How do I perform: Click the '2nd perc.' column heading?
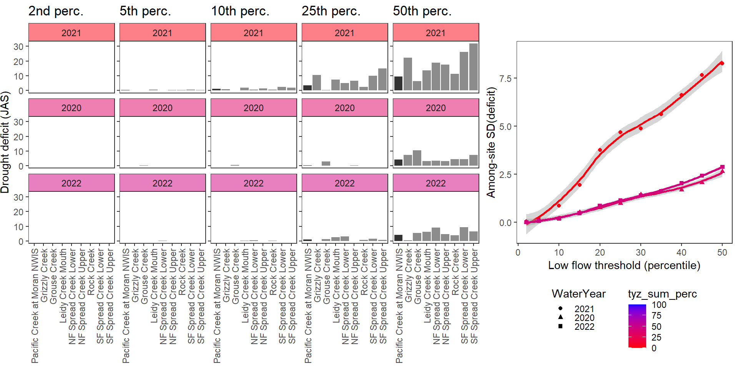56,11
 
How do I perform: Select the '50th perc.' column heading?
422,11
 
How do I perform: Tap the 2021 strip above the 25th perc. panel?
344,33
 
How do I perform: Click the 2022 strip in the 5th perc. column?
162,183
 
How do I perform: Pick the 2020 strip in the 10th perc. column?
253,108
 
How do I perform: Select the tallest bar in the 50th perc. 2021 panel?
474,67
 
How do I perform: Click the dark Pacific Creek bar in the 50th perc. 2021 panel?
398,83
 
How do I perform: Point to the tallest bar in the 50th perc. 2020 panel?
417,158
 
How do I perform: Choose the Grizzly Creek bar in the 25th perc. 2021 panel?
317,83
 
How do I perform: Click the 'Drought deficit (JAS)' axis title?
5,142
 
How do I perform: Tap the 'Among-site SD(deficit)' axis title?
491,142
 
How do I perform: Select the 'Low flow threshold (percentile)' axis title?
624,266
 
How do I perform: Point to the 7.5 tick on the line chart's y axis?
505,78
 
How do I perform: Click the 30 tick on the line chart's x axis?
640,253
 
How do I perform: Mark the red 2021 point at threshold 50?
722,63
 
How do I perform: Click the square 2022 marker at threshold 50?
722,167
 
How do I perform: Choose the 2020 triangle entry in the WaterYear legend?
561,317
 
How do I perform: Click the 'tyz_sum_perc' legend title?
662,294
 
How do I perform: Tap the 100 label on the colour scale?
659,305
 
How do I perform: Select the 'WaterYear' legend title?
578,294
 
